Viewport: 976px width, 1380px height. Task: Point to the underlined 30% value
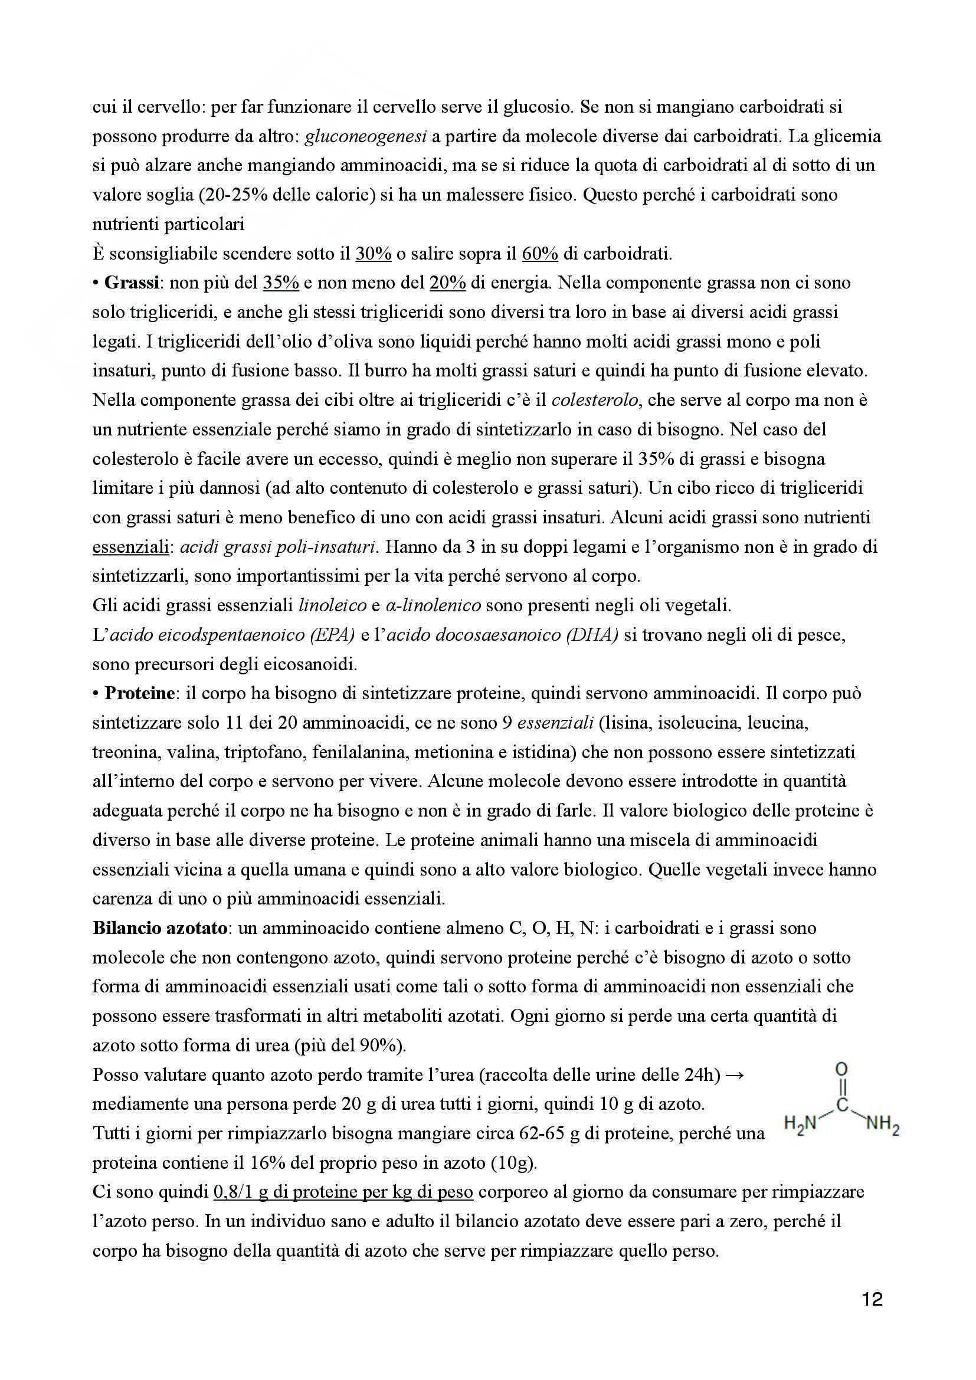pyautogui.click(x=373, y=254)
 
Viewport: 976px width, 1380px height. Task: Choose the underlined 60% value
pyautogui.click(x=540, y=254)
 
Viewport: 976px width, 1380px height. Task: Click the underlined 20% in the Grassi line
pyautogui.click(x=448, y=283)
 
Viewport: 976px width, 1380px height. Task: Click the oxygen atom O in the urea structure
pyautogui.click(x=841, y=1069)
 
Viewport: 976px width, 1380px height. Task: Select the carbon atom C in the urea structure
pyautogui.click(x=841, y=1106)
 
